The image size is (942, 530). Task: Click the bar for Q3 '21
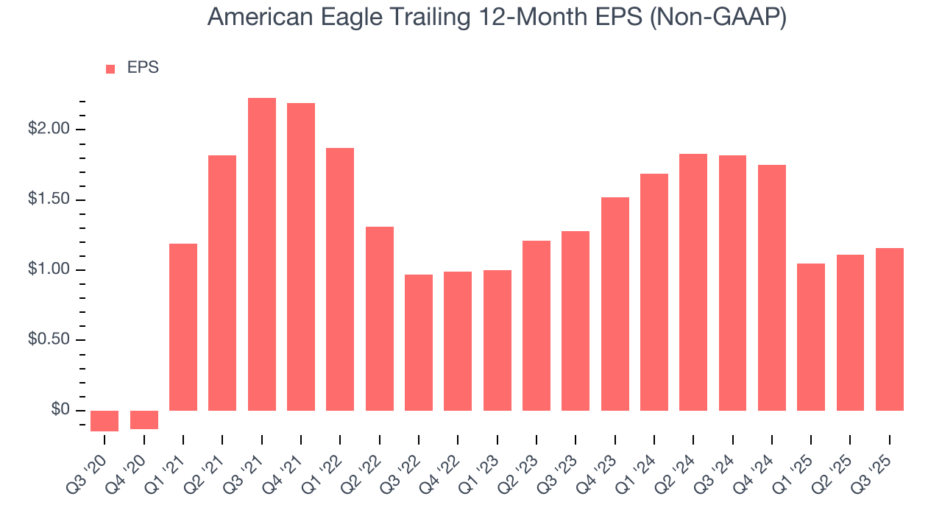(262, 254)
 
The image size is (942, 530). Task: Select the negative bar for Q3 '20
(105, 420)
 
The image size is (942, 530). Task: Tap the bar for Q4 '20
(144, 420)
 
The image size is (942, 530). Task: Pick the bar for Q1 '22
(340, 279)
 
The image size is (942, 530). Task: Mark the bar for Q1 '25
(811, 336)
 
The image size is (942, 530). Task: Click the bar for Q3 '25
(890, 329)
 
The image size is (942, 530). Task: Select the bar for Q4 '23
(615, 303)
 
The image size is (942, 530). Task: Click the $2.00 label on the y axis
(49, 130)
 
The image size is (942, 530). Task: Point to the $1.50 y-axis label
(49, 200)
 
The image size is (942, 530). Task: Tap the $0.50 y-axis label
(49, 340)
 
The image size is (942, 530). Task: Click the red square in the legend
(110, 68)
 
